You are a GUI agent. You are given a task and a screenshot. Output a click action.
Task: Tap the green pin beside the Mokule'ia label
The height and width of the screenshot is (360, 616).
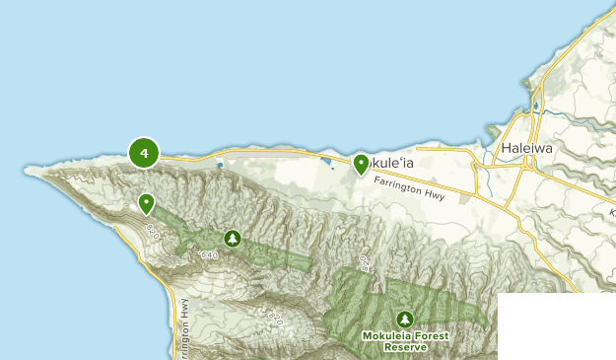point(361,164)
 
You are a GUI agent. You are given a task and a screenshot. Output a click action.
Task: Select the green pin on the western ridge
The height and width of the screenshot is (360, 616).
point(146,203)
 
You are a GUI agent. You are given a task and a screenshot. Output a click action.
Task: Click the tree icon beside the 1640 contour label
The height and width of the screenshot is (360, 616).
point(233,238)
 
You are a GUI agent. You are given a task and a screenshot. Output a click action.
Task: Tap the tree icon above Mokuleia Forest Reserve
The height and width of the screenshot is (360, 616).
point(404,319)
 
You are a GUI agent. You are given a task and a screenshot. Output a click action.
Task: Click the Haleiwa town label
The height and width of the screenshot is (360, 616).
point(527,149)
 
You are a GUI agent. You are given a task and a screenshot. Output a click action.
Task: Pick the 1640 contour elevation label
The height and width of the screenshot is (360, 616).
point(207,255)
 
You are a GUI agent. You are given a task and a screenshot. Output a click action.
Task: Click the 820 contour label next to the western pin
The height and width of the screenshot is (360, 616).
point(152,231)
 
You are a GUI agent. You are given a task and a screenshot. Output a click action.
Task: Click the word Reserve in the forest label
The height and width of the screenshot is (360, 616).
point(405,347)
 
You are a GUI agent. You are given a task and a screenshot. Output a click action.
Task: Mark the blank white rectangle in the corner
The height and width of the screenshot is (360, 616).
point(556,325)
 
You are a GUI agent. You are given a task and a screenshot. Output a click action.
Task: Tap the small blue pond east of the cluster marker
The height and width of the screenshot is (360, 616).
point(219,165)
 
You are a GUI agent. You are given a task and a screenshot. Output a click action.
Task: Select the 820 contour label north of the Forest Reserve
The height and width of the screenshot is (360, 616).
point(363,263)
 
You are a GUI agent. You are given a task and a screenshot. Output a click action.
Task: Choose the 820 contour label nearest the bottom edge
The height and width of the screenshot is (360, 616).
point(275,319)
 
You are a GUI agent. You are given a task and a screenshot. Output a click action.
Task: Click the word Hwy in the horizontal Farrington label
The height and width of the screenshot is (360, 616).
point(434,194)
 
